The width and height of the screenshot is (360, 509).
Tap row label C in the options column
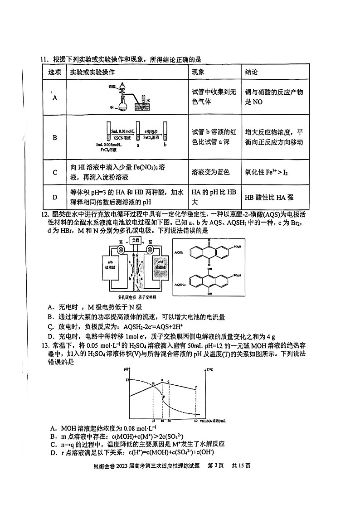point(55,172)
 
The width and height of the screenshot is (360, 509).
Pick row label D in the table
point(55,197)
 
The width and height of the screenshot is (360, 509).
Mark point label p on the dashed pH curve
point(164,396)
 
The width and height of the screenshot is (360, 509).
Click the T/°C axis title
point(209,371)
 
